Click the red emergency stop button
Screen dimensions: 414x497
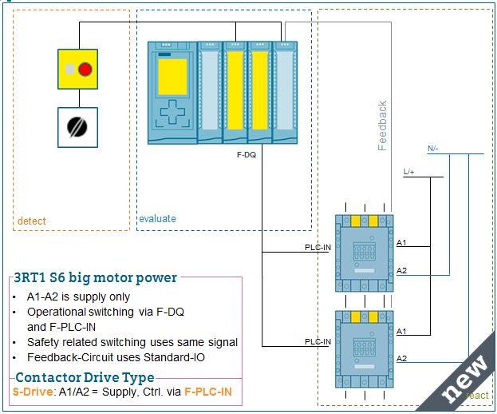pos(85,70)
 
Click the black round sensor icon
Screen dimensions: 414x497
pos(77,128)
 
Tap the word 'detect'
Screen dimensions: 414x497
pos(32,221)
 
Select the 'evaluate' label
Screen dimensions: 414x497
pos(157,218)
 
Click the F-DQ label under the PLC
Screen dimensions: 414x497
pos(247,152)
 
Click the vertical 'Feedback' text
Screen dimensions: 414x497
pos(382,125)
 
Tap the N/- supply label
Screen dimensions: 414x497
pos(433,149)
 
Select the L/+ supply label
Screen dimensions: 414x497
pos(409,172)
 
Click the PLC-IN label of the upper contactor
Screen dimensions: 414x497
pos(318,248)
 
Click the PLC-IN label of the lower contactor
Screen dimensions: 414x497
pos(318,342)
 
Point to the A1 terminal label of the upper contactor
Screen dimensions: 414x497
pos(402,242)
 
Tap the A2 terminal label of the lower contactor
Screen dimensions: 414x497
pos(402,359)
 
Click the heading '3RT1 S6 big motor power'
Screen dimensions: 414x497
pos(96,278)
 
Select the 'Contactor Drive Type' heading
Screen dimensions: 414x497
pos(85,378)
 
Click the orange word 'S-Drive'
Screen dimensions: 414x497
pos(31,392)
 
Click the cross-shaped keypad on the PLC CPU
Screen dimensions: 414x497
pos(172,112)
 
